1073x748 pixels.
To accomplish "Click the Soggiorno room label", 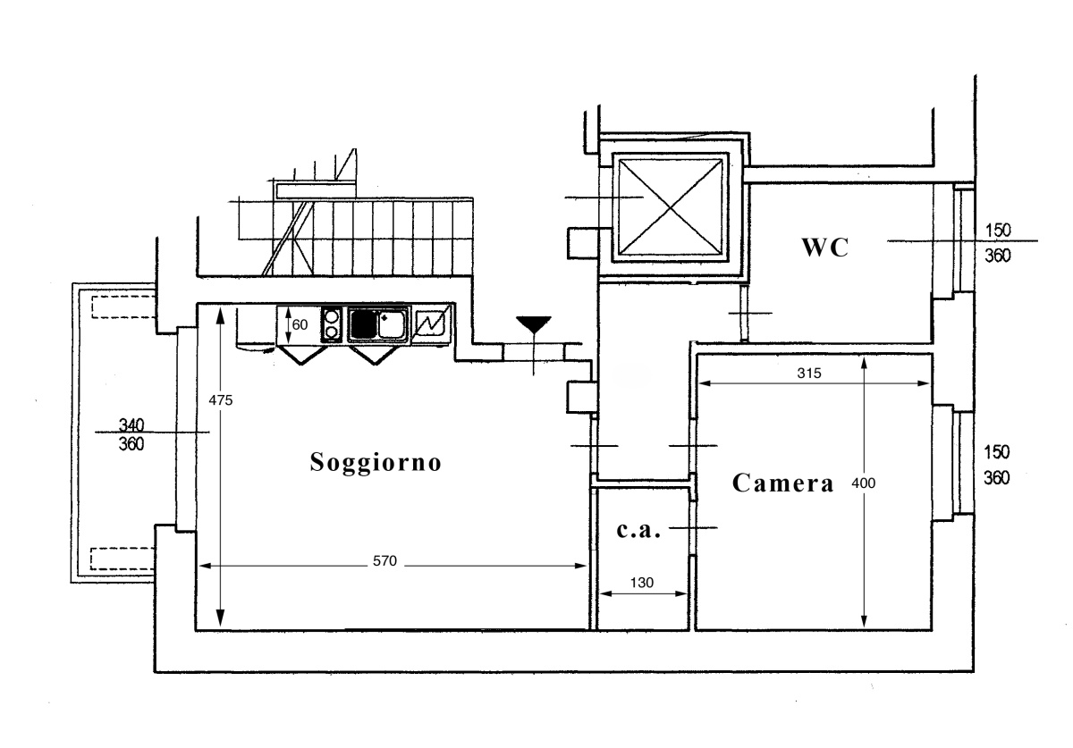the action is click(x=376, y=463).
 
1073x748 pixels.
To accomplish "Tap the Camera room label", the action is click(x=783, y=483).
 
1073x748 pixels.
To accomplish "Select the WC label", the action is click(x=824, y=248).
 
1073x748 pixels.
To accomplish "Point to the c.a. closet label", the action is click(x=638, y=530).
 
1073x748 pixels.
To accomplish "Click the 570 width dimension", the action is click(x=384, y=560).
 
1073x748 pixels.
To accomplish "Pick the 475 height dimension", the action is click(x=221, y=399).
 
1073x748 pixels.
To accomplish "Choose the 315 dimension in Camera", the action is click(x=809, y=373).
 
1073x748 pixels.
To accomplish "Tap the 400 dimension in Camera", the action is click(x=863, y=483).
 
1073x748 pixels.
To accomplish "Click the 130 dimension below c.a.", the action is click(x=642, y=583).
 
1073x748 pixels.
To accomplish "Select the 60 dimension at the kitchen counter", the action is click(x=300, y=324).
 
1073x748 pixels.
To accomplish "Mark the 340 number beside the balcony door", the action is click(x=131, y=424).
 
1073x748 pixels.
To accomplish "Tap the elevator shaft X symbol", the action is click(x=670, y=207).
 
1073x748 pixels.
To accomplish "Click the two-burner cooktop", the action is click(x=332, y=324).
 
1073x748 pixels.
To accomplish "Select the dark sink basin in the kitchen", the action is click(x=364, y=324).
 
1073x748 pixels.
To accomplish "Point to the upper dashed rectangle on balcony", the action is click(x=123, y=307).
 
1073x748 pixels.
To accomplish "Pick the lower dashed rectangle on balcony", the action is click(x=123, y=559).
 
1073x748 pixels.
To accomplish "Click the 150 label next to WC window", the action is click(x=998, y=231).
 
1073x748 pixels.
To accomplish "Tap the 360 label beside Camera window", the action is click(x=997, y=478).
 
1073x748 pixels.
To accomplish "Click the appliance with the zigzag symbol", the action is click(x=432, y=325).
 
